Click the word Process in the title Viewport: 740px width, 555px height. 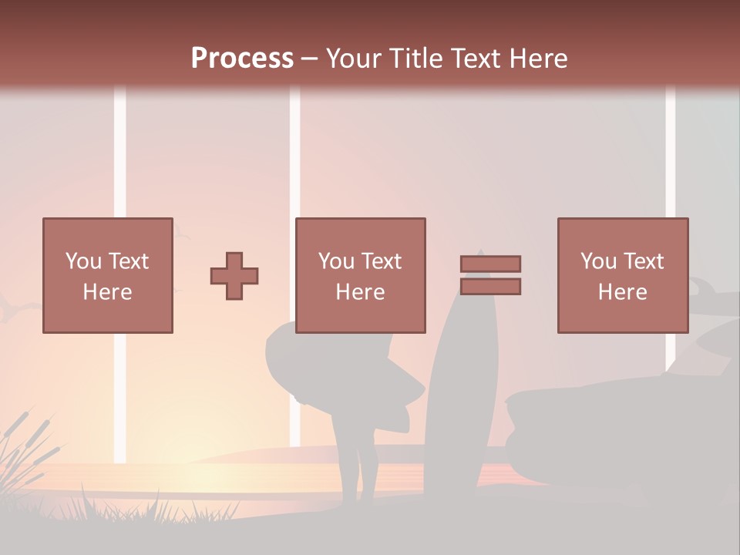242,59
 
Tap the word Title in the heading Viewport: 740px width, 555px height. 419,59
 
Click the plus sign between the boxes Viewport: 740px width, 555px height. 234,276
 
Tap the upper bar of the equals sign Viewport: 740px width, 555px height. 490,264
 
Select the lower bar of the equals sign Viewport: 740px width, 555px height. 490,287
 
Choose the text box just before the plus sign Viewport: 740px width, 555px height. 108,276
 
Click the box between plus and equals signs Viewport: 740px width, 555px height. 361,276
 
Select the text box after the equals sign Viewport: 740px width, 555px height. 623,276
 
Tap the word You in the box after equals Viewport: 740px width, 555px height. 598,261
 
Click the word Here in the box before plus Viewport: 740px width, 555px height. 108,292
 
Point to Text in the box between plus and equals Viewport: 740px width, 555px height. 382,261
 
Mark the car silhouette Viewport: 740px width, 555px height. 617,424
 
